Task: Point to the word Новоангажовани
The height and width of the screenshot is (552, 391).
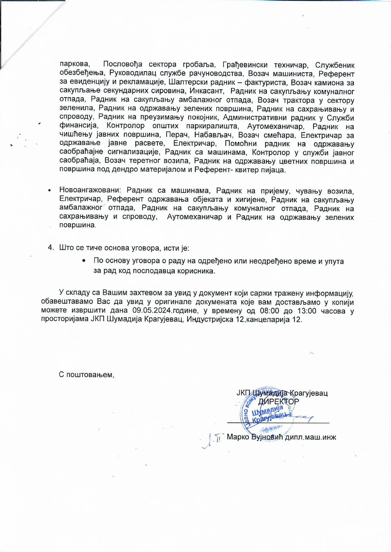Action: click(90, 190)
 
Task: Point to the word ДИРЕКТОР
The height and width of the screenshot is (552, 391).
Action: click(279, 402)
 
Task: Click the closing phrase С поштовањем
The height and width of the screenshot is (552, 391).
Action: click(86, 375)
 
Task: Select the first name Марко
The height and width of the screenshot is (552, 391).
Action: click(238, 437)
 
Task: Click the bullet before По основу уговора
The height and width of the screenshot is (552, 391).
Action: click(84, 261)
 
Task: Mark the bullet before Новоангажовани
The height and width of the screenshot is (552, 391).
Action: click(50, 190)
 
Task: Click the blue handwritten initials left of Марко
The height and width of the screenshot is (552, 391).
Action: click(212, 439)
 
